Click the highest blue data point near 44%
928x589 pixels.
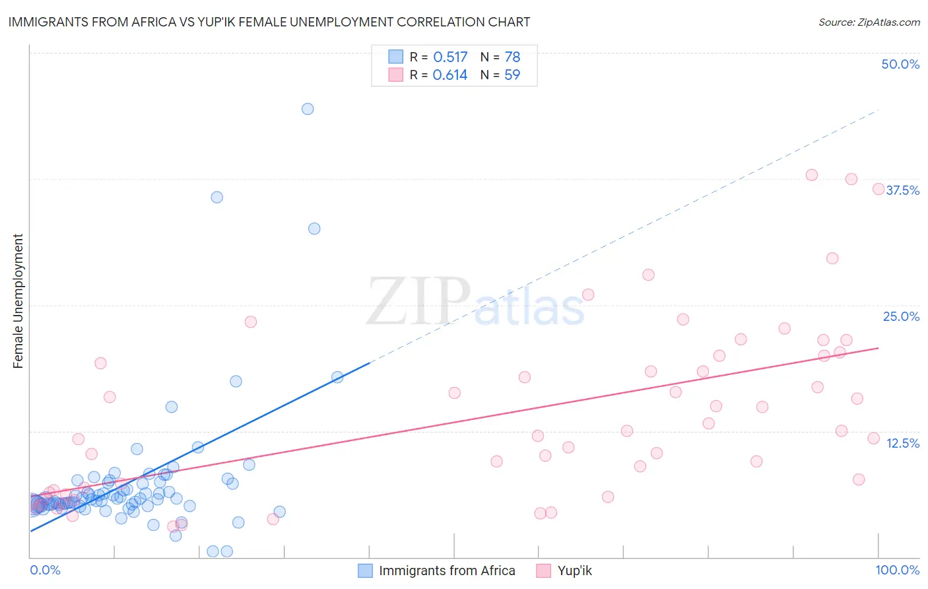click(308, 109)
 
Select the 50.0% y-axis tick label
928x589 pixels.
click(900, 64)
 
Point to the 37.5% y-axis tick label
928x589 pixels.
click(902, 190)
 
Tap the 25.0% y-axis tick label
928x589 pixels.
click(901, 316)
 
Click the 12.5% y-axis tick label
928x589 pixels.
click(902, 443)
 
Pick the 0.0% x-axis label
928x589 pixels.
click(45, 570)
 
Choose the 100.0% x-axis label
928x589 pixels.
click(897, 570)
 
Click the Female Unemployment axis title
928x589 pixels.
click(18, 301)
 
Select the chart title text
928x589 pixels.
click(269, 22)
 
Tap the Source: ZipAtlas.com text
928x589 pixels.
click(869, 22)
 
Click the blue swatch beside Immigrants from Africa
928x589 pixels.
click(365, 571)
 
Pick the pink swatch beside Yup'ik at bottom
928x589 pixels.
click(543, 571)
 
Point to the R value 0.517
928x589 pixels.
click(450, 57)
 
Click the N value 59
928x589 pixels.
click(512, 75)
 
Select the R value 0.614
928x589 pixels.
click(450, 75)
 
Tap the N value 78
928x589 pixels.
click(512, 57)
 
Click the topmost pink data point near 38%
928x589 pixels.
click(812, 175)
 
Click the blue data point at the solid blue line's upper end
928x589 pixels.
click(337, 377)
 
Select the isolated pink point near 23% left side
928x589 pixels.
click(251, 322)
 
